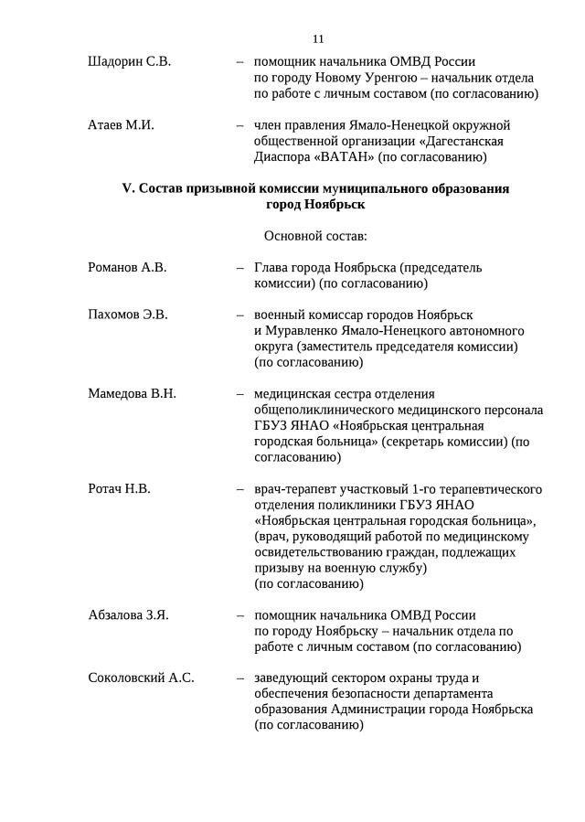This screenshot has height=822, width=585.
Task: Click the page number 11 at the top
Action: coord(318,39)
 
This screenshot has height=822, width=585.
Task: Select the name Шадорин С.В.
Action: coord(129,62)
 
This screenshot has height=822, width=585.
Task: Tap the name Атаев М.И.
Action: coord(121,125)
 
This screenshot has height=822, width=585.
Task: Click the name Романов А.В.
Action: coord(127,268)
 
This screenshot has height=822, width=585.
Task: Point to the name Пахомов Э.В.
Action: coord(128,315)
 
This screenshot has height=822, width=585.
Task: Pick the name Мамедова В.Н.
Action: coord(132,394)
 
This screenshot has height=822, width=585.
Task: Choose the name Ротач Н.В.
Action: coord(119,489)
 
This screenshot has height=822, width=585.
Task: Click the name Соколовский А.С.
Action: coord(141,678)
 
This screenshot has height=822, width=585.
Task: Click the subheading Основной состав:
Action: coord(315,237)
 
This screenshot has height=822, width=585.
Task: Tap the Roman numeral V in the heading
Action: coord(127,188)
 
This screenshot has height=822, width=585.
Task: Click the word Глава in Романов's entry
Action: coord(272,268)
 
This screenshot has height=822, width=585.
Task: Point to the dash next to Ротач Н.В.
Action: coord(239,489)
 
